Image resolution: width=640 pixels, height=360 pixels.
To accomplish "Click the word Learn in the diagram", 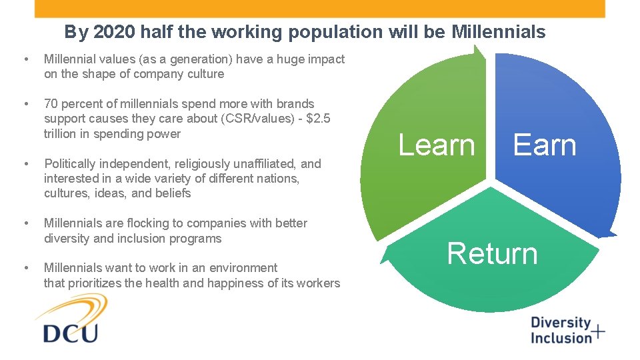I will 437,145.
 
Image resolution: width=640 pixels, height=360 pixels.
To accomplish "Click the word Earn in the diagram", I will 544,145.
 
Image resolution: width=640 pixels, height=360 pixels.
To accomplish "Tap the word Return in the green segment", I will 492,254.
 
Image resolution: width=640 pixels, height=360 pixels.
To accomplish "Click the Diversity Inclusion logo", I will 567,330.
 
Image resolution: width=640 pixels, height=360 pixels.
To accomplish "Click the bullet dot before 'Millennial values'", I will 25,60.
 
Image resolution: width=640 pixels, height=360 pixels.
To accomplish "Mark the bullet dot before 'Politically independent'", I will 25,164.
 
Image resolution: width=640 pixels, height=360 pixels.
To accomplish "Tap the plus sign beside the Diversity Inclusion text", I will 599,331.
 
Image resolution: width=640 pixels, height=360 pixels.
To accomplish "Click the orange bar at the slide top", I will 319,8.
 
